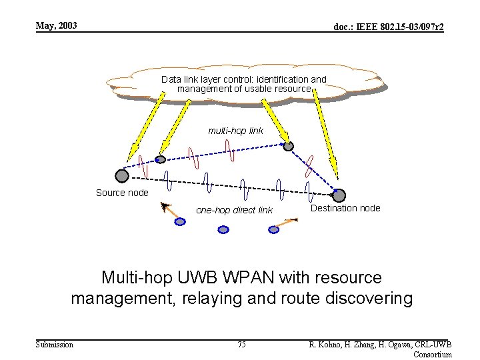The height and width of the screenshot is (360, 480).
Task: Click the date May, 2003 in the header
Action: click(57, 26)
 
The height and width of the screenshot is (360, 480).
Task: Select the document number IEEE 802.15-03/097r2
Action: click(389, 27)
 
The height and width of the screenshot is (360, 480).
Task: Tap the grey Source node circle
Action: click(121, 175)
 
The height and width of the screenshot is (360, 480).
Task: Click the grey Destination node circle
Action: click(339, 195)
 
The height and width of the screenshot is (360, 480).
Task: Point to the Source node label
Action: click(122, 193)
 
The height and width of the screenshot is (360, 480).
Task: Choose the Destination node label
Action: click(345, 208)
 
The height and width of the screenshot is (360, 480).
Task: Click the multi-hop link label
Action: click(235, 131)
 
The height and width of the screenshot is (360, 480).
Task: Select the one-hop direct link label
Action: click(234, 210)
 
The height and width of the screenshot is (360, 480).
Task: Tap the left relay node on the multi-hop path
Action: click(160, 159)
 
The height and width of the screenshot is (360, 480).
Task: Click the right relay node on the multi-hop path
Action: click(288, 146)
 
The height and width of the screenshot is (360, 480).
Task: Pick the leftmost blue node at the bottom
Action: click(180, 221)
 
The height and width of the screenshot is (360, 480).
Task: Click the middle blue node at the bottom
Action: click(223, 229)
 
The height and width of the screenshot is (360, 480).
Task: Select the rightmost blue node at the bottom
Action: click(273, 229)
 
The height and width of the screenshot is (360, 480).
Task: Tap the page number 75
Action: click(241, 344)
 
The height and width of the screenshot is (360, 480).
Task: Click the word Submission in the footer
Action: click(55, 344)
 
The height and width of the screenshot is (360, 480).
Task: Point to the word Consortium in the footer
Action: click(433, 354)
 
